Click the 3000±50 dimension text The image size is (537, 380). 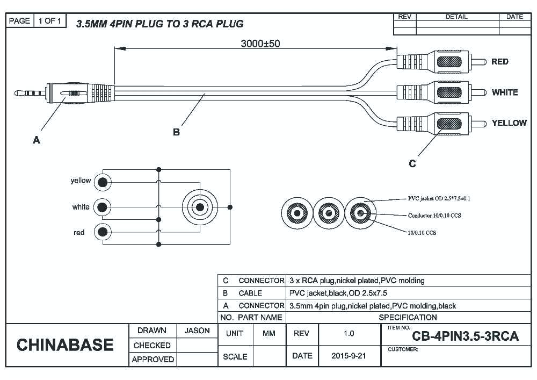tap(259, 44)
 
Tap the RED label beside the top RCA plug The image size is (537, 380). tap(499, 62)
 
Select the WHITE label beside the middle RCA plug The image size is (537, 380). tap(504, 92)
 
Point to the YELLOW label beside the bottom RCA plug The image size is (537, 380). tap(509, 123)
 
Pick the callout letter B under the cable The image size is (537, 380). tap(176, 132)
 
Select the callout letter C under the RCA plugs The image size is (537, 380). tap(412, 163)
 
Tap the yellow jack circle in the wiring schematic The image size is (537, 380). tap(102, 182)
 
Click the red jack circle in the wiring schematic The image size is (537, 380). tap(102, 232)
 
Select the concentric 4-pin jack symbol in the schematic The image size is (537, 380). tap(200, 207)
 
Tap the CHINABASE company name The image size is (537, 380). tap(65, 345)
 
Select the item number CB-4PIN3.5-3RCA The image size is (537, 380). tap(465, 336)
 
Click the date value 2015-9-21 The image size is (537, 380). tap(349, 356)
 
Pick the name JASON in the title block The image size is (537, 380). tap(197, 331)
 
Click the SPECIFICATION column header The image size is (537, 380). tap(408, 317)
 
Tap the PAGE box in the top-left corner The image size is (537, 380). tap(19, 21)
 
